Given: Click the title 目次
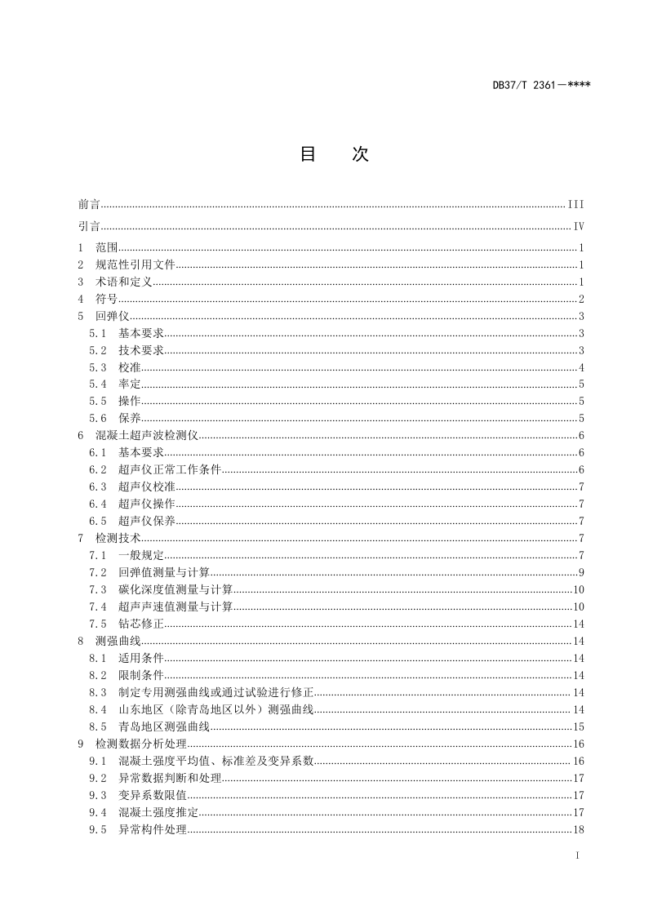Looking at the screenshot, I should point(334,154).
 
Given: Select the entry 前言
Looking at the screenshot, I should point(89,204).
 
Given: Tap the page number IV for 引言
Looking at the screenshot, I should point(579,227).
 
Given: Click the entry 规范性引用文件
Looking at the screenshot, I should point(135,264).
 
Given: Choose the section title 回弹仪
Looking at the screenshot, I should point(107,316).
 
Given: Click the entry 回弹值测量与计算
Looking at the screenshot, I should point(164,572).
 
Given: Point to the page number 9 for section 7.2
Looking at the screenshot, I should point(580,572).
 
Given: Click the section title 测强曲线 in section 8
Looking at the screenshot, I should point(113,641).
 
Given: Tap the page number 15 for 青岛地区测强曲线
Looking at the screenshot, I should point(578,726).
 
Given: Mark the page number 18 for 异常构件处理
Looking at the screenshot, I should point(578,829).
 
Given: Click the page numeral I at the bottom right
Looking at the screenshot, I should point(578,855).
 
